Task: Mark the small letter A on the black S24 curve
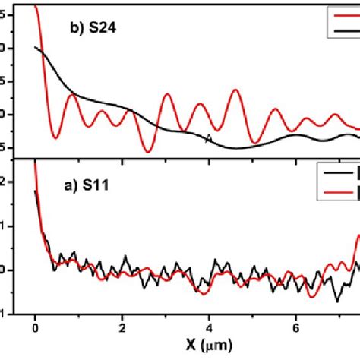tap(209, 138)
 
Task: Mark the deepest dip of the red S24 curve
tap(148, 152)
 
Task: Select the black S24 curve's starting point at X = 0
tap(36, 47)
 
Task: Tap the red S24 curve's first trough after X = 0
tap(55, 138)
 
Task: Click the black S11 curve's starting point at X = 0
tap(36, 191)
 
